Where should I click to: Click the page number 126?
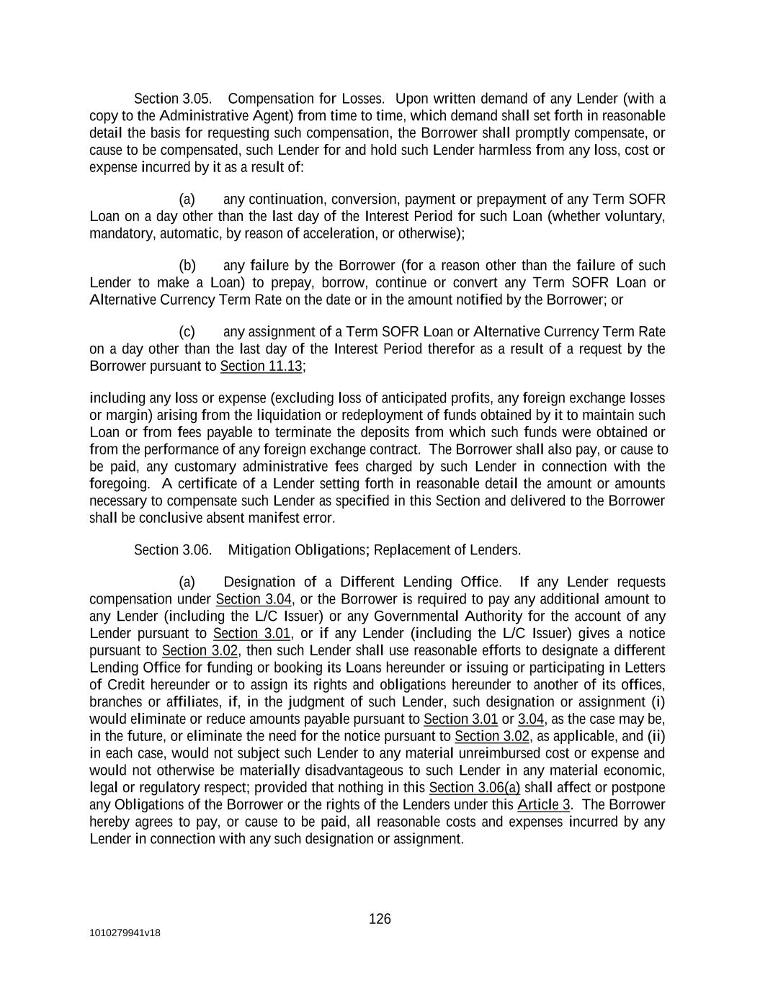(x=380, y=919)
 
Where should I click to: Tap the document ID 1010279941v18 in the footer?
(x=125, y=933)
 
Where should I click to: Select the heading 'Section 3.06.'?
(x=173, y=550)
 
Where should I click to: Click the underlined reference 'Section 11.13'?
(x=261, y=367)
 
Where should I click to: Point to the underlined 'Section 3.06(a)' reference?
(x=474, y=788)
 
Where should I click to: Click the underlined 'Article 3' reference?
(x=544, y=805)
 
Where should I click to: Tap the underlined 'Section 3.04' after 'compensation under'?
(x=254, y=599)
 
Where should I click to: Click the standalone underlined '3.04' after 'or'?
(x=531, y=719)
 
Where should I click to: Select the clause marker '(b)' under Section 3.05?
(x=187, y=266)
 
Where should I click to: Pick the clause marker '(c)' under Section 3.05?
(x=187, y=332)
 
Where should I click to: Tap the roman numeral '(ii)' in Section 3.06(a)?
(x=656, y=736)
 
